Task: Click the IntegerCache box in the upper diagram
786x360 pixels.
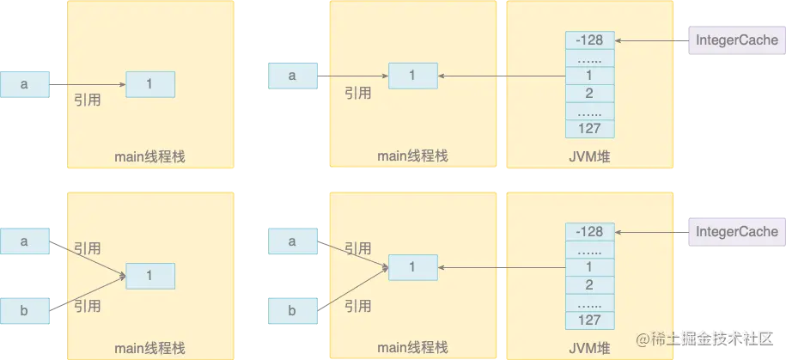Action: [x=736, y=40]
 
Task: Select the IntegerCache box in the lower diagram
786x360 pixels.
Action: [x=736, y=231]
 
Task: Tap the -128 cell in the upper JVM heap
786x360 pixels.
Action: [x=590, y=41]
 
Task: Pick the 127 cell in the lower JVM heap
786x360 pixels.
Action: [x=590, y=320]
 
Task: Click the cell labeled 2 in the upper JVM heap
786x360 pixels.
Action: [x=590, y=94]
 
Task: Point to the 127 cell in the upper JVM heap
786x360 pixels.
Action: [x=590, y=129]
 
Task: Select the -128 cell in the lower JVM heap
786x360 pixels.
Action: [x=590, y=231]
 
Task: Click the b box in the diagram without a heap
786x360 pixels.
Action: [x=25, y=310]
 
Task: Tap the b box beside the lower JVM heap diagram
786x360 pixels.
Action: [x=292, y=310]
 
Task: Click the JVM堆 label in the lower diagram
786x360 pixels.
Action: [x=590, y=347]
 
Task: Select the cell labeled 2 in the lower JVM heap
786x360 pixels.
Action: [x=590, y=285]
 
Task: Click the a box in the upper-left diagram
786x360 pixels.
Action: [x=25, y=84]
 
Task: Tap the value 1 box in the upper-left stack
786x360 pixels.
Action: [x=150, y=84]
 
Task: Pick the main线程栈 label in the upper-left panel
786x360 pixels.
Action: [x=149, y=156]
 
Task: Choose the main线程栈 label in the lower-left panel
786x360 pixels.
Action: [x=149, y=348]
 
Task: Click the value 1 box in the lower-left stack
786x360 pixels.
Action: [x=150, y=276]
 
